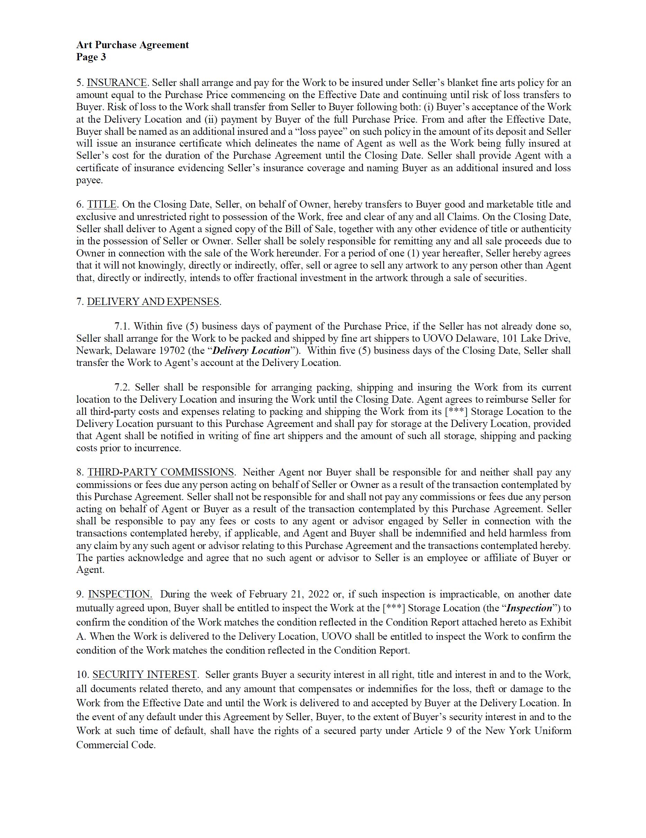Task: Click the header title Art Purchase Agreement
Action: pyautogui.click(x=132, y=45)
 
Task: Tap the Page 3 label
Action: pyautogui.click(x=91, y=57)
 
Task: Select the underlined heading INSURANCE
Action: pyautogui.click(x=117, y=82)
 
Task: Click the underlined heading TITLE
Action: pyautogui.click(x=101, y=204)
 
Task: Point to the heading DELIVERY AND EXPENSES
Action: pyautogui.click(x=153, y=302)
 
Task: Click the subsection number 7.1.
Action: pyautogui.click(x=122, y=326)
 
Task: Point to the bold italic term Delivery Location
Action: pyautogui.click(x=251, y=350)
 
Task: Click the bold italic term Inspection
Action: pyautogui.click(x=529, y=608)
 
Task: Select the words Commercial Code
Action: pyautogui.click(x=115, y=745)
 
